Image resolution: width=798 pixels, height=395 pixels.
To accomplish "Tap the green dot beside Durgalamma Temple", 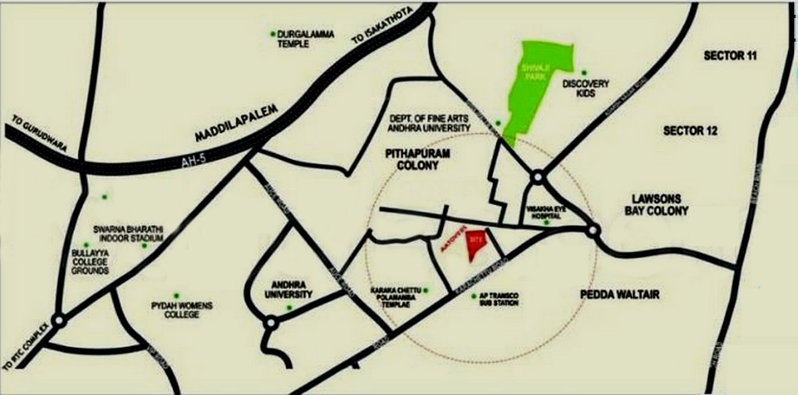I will (273, 33).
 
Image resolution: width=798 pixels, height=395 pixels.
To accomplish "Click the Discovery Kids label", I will (586, 88).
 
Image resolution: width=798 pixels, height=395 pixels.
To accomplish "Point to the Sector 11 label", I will (730, 56).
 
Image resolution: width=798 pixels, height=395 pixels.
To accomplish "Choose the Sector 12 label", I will (690, 131).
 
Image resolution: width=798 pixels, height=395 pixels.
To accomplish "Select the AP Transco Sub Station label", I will (498, 300).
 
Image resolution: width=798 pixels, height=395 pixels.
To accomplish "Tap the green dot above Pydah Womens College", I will (176, 295).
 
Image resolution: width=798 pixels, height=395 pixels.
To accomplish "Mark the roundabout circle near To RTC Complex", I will (59, 321).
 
